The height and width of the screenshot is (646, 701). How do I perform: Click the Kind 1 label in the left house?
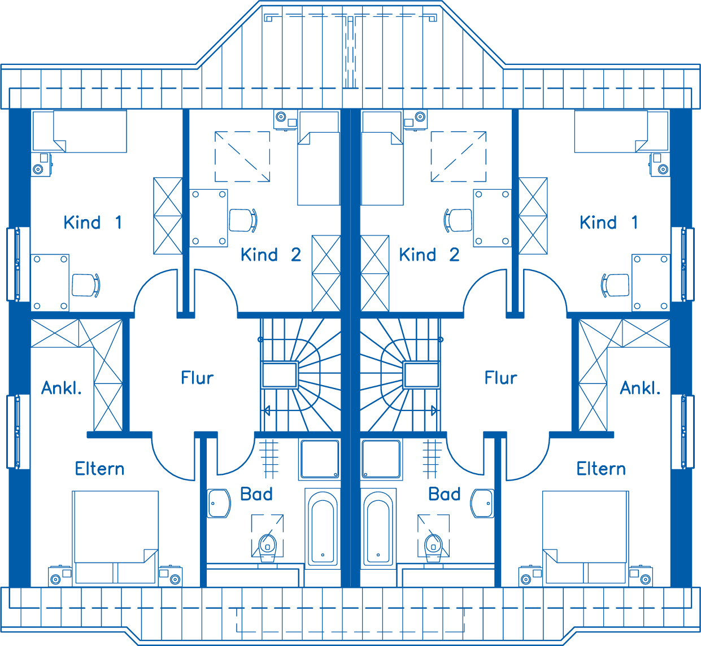[93, 222]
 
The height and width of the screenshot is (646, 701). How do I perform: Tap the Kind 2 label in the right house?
[429, 255]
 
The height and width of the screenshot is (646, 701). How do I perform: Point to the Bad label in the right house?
[445, 494]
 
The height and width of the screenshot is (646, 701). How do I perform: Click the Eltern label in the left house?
[99, 469]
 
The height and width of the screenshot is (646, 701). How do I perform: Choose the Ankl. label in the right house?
[640, 388]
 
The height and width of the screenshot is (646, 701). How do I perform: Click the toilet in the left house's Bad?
[268, 548]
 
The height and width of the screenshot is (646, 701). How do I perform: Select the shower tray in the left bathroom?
[320, 459]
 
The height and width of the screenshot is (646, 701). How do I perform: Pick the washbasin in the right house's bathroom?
[482, 503]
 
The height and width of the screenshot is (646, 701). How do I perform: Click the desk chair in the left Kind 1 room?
[86, 285]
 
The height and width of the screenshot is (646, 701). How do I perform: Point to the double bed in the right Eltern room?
[585, 537]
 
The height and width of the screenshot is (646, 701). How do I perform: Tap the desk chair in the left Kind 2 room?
[243, 220]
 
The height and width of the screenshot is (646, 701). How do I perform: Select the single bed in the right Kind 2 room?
[382, 158]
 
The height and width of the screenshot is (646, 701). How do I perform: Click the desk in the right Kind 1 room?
[651, 282]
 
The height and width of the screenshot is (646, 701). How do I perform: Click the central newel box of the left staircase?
[280, 375]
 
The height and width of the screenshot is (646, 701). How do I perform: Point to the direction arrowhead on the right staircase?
[434, 411]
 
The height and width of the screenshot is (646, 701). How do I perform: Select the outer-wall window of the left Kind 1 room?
[14, 264]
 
